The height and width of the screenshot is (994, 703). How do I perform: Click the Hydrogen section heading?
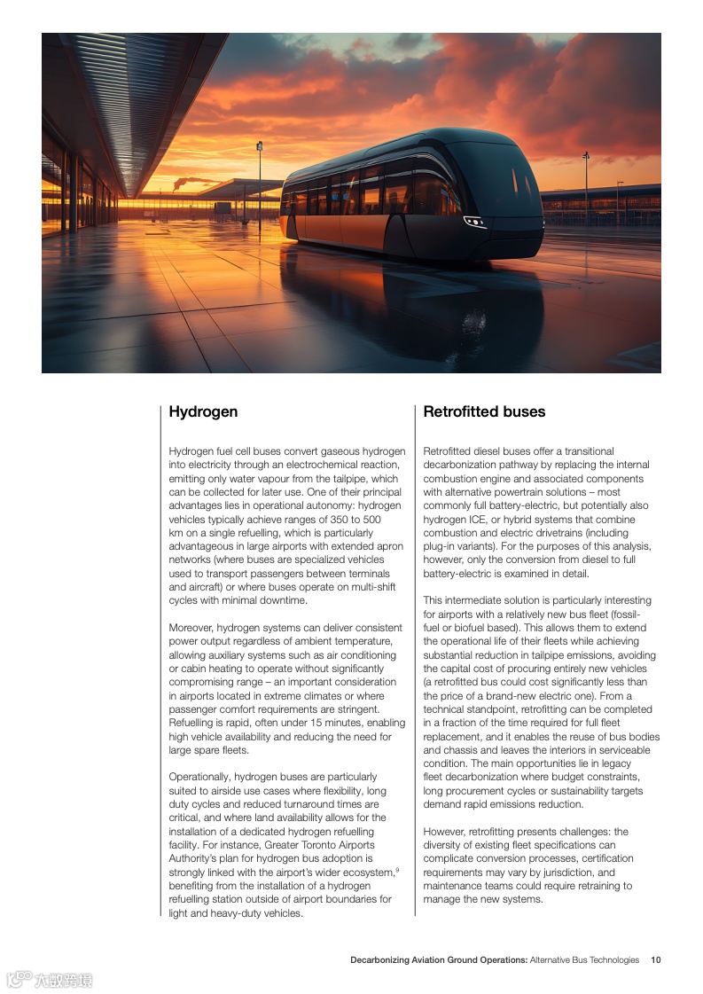pyautogui.click(x=203, y=411)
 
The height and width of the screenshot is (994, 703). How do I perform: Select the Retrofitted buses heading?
pyautogui.click(x=484, y=411)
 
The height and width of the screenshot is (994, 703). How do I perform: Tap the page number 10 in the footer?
pyautogui.click(x=655, y=959)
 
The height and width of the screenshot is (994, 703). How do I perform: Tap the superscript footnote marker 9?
pyautogui.click(x=396, y=870)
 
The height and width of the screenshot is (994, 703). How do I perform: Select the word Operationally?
pyautogui.click(x=199, y=777)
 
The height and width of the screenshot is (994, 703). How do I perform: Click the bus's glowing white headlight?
pyautogui.click(x=475, y=222)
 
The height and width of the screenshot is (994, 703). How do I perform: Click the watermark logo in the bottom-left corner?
pyautogui.click(x=50, y=979)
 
